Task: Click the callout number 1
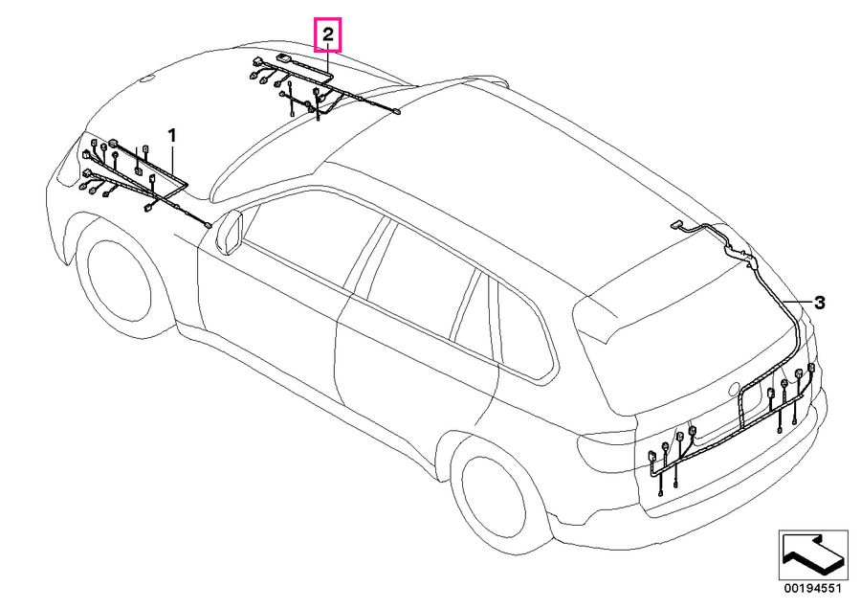click(x=172, y=135)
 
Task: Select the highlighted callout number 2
click(x=328, y=34)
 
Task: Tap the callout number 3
click(x=819, y=303)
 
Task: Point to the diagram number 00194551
click(x=812, y=589)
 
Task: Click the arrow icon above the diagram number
click(x=812, y=554)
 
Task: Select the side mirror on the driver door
click(x=230, y=232)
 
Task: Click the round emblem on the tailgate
click(x=735, y=389)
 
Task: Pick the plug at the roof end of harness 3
click(x=675, y=225)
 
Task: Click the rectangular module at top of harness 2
click(x=284, y=56)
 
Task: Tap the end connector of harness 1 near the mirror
click(x=207, y=225)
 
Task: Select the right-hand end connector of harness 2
click(x=396, y=112)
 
